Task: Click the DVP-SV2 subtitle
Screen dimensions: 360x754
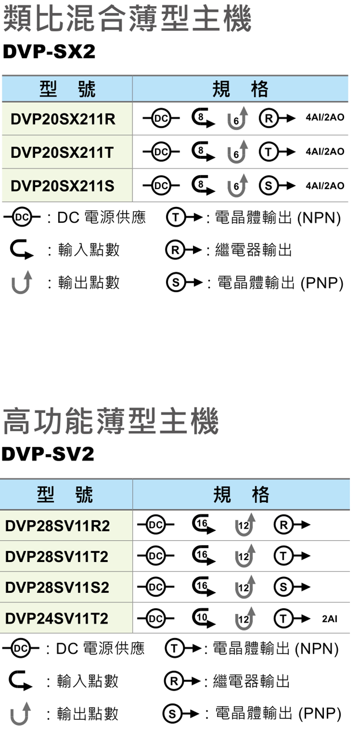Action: [x=48, y=454]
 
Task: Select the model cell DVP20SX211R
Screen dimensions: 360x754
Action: [x=63, y=119]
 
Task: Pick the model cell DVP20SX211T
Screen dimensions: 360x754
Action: [x=62, y=153]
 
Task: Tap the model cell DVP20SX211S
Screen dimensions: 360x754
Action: [x=62, y=186]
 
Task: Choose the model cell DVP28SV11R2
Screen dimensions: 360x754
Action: [x=58, y=526]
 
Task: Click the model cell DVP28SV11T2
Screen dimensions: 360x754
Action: [x=57, y=557]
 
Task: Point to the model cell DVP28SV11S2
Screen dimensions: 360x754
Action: [x=57, y=587]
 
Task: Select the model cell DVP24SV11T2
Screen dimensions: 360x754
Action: [x=57, y=618]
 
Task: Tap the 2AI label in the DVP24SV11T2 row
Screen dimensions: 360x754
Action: [x=329, y=619]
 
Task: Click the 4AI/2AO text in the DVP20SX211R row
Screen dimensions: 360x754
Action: [x=325, y=118]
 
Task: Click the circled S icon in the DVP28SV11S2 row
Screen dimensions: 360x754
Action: [x=283, y=587]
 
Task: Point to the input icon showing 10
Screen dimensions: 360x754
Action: [x=203, y=618]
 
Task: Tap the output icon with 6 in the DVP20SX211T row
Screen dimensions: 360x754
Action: [x=238, y=152]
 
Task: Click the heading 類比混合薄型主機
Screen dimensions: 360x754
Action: [x=127, y=19]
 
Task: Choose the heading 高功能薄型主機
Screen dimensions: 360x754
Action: [x=111, y=421]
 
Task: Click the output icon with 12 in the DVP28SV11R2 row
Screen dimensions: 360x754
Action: [x=245, y=525]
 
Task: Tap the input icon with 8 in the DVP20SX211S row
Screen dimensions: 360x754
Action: [x=203, y=186]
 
